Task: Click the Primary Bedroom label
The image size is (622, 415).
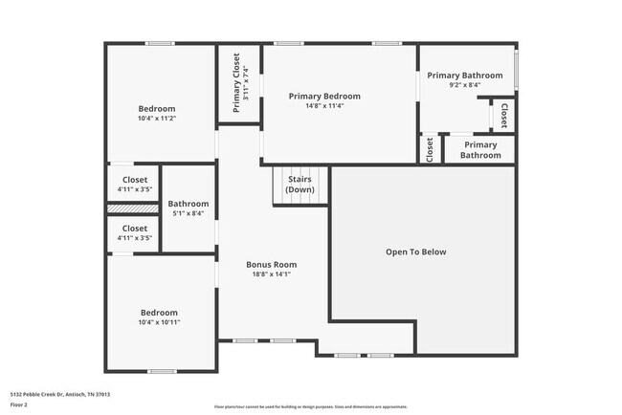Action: coord(324,96)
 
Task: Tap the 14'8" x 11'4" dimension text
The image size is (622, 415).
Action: coord(324,106)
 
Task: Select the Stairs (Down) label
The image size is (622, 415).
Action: coord(300,184)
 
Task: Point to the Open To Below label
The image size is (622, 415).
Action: coord(415,252)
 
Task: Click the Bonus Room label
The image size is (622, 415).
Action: coord(271,264)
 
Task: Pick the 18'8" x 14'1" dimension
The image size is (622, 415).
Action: coord(271,274)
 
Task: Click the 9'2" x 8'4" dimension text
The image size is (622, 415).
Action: coord(464,85)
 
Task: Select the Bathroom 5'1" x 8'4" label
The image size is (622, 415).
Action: coord(188,208)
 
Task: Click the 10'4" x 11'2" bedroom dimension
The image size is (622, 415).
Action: coord(158,120)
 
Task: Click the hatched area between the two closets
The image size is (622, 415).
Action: coord(131,207)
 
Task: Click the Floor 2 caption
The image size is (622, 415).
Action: coord(18,405)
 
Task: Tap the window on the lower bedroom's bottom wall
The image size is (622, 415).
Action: coord(162,371)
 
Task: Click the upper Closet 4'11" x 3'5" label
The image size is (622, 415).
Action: coord(134,184)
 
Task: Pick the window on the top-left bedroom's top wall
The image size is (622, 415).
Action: coord(160,43)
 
